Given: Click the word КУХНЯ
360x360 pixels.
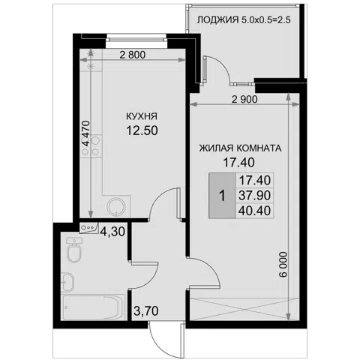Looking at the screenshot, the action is coord(142,116).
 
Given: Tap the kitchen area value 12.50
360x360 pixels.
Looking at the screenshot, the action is coord(142,130).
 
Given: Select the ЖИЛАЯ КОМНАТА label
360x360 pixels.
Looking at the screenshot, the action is coord(240,148).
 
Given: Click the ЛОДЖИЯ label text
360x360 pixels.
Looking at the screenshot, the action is coord(217,19).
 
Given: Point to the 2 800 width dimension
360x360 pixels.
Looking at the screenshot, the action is coord(133,55).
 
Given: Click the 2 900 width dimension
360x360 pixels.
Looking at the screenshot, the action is coord(244,100).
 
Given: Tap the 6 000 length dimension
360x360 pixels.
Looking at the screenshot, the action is coord(283,265).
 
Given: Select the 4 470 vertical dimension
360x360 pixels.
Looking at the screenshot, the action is coord(86,133).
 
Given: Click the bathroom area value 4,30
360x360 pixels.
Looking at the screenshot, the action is coord(112,232).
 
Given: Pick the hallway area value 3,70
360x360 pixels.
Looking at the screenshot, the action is coord(146,311).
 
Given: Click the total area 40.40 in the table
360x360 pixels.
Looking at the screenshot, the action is coord(254,211).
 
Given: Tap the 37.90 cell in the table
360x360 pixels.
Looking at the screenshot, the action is coord(254,195).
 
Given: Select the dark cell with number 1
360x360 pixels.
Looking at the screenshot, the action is coord(222,196).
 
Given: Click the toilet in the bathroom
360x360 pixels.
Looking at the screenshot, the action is coord(74,250).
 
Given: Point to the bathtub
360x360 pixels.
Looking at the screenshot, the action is coord(93,307).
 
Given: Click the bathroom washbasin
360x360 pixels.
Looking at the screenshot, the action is coord(67,282).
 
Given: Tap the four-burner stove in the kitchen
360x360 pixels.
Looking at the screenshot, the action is coord(91,145).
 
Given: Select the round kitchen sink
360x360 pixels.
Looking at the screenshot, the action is coord(116,206).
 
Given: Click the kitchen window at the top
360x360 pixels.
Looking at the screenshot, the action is coord(136,40).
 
